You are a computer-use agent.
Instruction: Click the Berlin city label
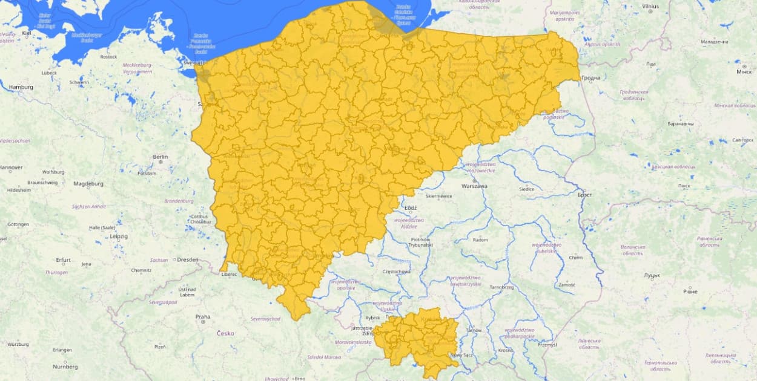coord(160,157)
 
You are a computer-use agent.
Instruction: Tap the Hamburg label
coord(21,87)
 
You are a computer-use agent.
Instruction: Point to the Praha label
coord(202,316)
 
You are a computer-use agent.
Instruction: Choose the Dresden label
coord(187,259)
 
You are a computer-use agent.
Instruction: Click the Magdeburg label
coord(88,183)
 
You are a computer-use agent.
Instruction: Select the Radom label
coord(480,240)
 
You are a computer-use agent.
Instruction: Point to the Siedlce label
coord(526,189)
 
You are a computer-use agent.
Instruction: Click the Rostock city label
coord(108,57)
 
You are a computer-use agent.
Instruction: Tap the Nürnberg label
coord(65,366)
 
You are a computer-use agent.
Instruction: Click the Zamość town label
coord(567,284)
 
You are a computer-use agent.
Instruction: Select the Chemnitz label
coord(141,270)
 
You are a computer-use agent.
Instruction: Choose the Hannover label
coord(11,168)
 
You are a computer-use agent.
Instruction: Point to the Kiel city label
coord(26,33)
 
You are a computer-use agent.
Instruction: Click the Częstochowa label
coord(397,272)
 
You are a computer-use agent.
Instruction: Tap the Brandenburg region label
coord(178,201)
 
